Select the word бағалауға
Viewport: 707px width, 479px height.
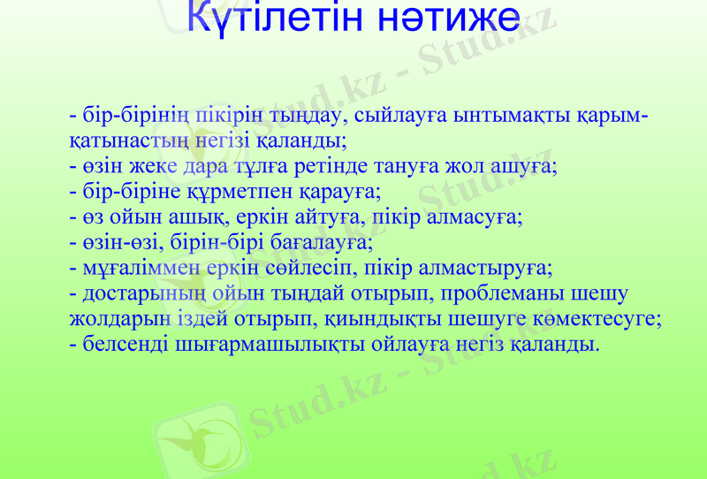tap(323, 240)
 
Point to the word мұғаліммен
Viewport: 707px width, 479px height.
tap(134, 266)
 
